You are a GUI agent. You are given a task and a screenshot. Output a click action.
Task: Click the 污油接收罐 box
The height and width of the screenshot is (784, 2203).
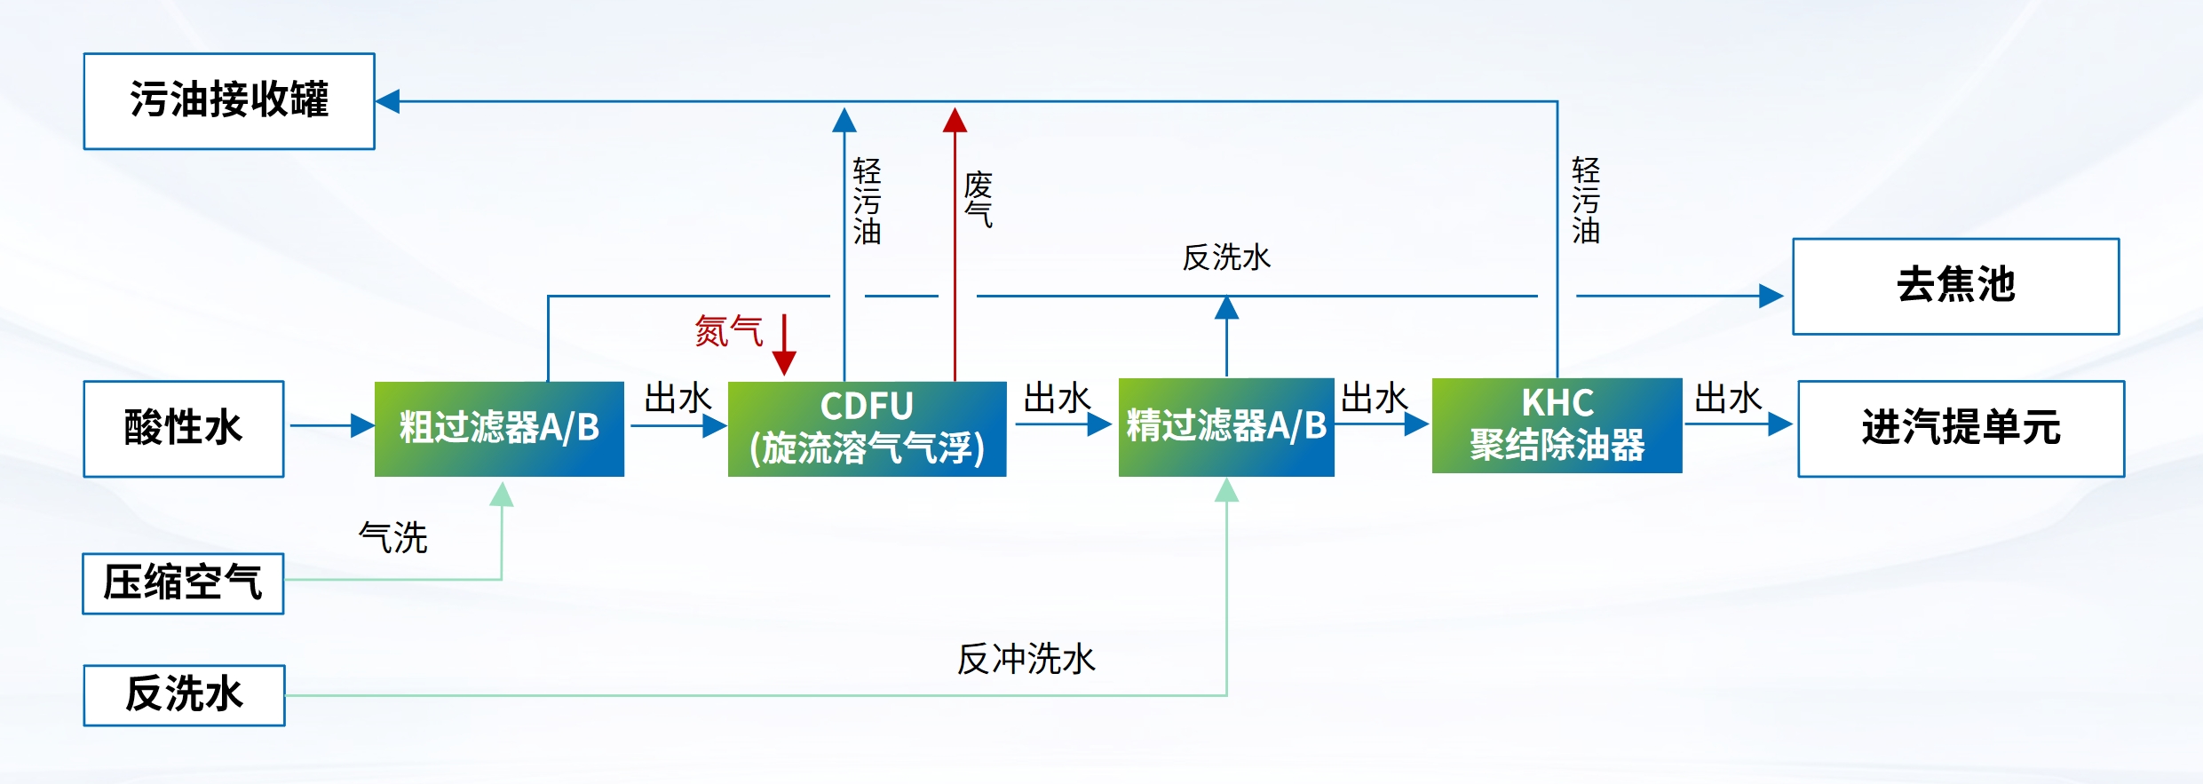pyautogui.click(x=229, y=101)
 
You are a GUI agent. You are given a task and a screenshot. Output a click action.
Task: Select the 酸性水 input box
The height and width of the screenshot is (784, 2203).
pyautogui.click(x=184, y=429)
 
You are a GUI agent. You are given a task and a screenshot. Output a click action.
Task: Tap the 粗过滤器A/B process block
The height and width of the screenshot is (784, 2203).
pyautogui.click(x=499, y=429)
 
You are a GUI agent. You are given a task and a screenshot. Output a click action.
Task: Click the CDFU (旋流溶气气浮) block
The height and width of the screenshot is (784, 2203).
pyautogui.click(x=867, y=429)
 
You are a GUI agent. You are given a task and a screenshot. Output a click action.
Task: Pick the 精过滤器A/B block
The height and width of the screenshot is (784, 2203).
pyautogui.click(x=1226, y=427)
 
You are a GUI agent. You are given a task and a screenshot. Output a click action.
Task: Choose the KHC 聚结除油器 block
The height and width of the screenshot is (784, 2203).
pyautogui.click(x=1557, y=425)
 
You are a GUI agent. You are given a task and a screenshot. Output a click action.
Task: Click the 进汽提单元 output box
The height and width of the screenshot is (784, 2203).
pyautogui.click(x=1961, y=429)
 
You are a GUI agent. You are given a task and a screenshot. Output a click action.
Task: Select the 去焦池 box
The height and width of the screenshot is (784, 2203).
pyautogui.click(x=1955, y=286)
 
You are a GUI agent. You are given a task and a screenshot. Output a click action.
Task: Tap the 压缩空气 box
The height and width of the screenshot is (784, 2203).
pyautogui.click(x=183, y=583)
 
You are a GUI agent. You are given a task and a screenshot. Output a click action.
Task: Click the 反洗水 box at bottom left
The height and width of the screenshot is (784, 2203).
pyautogui.click(x=184, y=695)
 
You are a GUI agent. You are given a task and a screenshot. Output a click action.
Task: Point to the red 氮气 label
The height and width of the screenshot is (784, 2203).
pyautogui.click(x=728, y=332)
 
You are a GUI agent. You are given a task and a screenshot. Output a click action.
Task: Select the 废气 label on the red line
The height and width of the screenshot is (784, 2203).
pyautogui.click(x=978, y=200)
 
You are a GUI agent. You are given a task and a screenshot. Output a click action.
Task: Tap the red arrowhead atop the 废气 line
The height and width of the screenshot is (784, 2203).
pyautogui.click(x=955, y=120)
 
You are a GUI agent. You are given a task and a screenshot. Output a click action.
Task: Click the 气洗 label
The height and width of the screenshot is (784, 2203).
pyautogui.click(x=392, y=538)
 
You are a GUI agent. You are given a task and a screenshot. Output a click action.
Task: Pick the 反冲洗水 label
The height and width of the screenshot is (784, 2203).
pyautogui.click(x=1026, y=660)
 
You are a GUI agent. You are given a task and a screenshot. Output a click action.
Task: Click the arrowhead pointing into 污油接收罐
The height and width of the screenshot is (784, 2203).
pyautogui.click(x=388, y=101)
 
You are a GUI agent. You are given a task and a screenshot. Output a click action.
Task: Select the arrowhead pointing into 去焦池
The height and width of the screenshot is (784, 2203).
pyautogui.click(x=1771, y=296)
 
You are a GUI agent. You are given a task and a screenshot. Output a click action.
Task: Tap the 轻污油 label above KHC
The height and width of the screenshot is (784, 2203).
pyautogui.click(x=1585, y=201)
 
